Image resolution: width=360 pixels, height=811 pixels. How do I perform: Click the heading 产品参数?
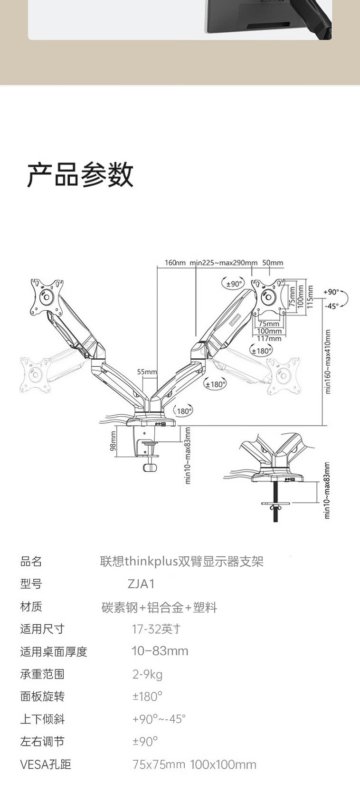[x=80, y=175]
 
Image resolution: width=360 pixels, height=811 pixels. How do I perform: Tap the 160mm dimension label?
[x=175, y=263]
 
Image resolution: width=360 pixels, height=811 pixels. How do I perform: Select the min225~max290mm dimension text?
[x=223, y=263]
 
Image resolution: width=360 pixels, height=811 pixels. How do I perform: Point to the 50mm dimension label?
[x=273, y=263]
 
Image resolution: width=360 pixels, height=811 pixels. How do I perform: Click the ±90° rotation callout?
[x=233, y=284]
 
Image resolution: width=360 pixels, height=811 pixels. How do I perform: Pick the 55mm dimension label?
[x=147, y=372]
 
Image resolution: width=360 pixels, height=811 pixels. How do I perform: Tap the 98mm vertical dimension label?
[x=113, y=441]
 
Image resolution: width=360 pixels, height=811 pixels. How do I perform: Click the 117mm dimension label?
[x=269, y=338]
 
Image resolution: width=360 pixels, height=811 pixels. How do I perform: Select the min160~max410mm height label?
[x=328, y=362]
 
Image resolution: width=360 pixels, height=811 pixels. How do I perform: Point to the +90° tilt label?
[x=331, y=292]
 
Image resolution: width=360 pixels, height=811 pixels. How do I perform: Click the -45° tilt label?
[x=332, y=306]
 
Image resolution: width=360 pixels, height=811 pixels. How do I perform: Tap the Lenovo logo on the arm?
[x=236, y=320]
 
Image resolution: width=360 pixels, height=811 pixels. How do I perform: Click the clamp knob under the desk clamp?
[x=150, y=468]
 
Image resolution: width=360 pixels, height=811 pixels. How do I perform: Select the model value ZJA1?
[x=141, y=583]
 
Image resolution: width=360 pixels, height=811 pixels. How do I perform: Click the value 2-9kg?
[x=147, y=674]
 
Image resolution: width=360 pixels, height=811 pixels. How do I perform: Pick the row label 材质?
[x=31, y=607]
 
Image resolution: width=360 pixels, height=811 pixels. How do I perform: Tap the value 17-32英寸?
[x=156, y=629]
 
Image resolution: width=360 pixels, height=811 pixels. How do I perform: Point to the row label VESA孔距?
[x=46, y=764]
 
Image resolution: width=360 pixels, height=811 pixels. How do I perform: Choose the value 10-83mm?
[x=160, y=651]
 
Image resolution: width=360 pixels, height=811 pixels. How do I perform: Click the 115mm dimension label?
[x=310, y=297]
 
